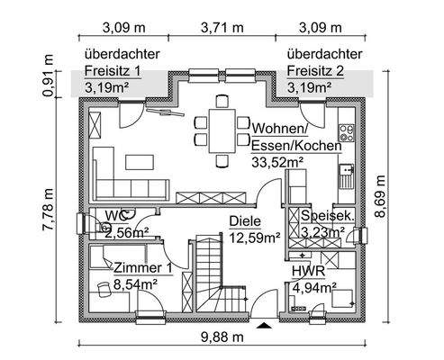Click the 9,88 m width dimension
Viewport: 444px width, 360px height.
pos(222,337)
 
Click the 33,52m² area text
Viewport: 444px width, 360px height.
pos(278,161)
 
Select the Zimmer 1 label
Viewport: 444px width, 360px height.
pos(143,268)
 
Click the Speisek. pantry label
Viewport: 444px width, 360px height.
pos(327,216)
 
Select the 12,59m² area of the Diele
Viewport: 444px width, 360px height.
pos(255,238)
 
